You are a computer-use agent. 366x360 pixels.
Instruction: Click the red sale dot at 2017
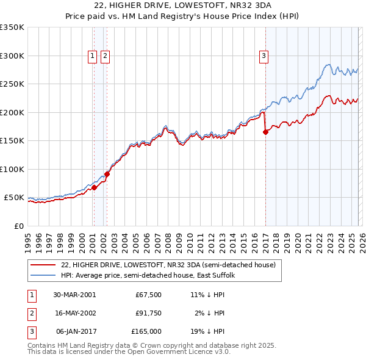(x=265, y=132)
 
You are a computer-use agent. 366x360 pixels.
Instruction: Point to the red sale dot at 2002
(x=107, y=174)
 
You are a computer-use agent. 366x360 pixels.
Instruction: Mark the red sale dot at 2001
(x=95, y=187)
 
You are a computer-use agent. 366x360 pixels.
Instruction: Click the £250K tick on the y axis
(x=12, y=84)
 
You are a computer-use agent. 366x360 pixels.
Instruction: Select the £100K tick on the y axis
(x=12, y=169)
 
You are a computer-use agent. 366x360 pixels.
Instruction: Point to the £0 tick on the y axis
(x=20, y=226)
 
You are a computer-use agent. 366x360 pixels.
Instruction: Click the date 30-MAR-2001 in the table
(x=74, y=294)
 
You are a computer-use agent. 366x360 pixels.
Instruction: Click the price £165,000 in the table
(x=147, y=331)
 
